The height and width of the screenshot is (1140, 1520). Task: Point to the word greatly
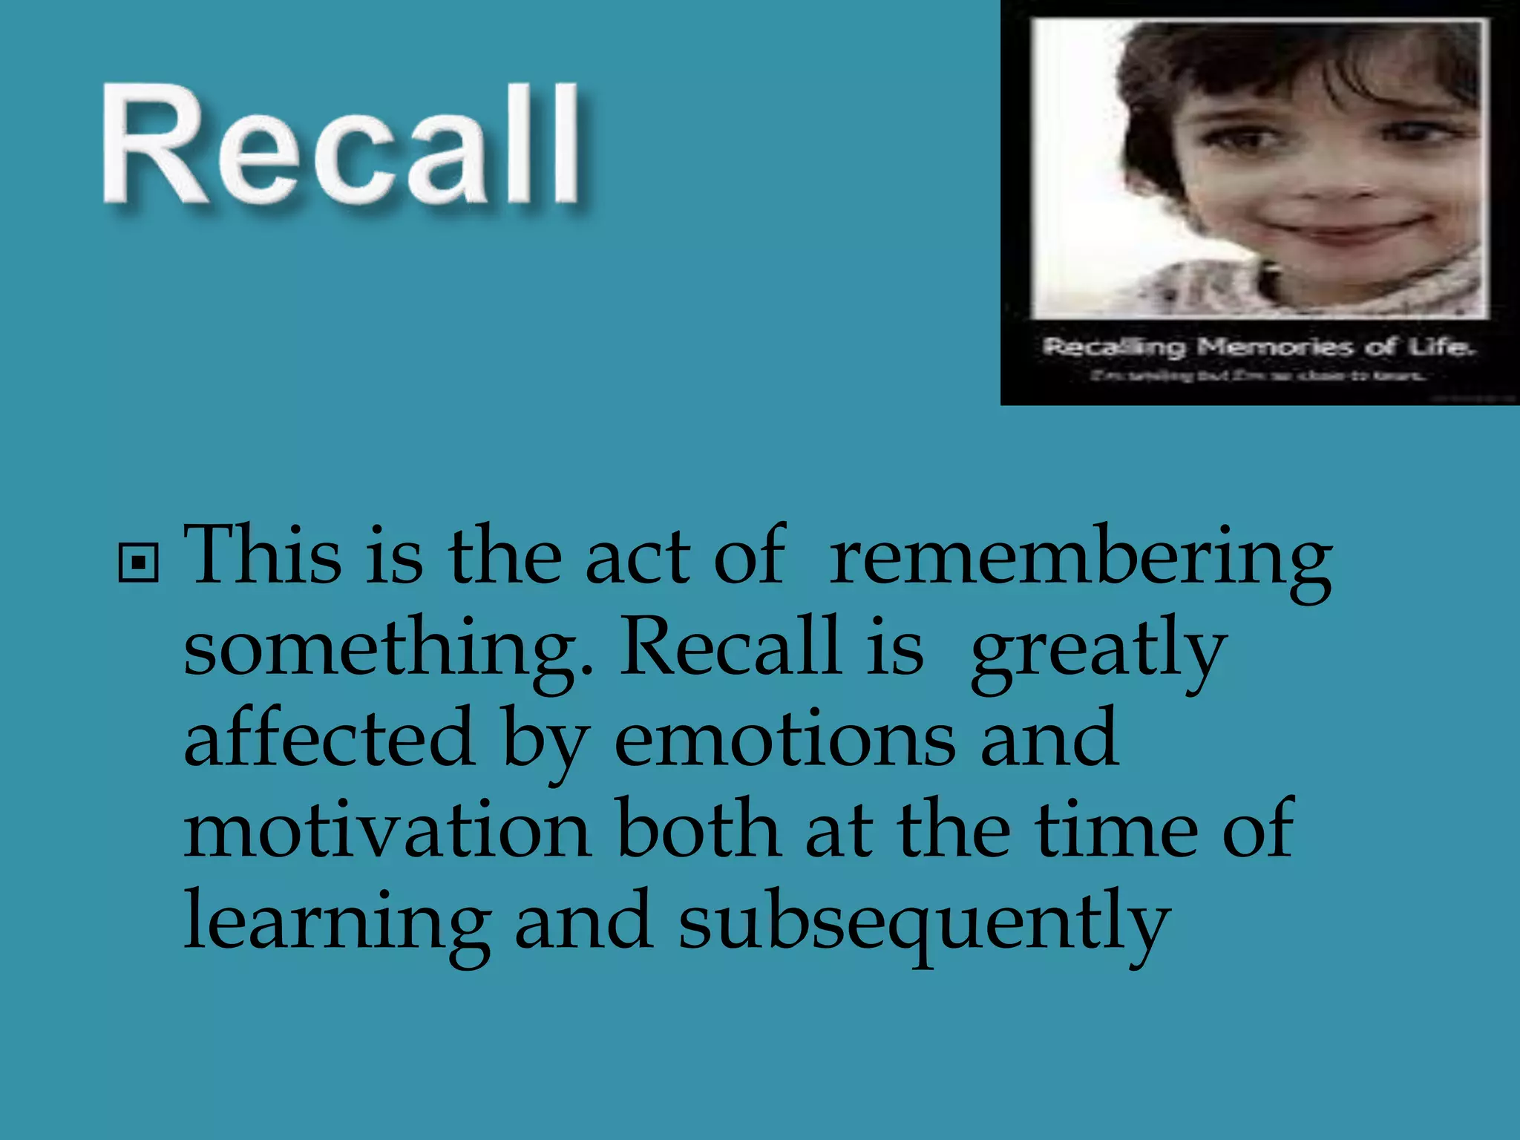click(x=1098, y=650)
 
